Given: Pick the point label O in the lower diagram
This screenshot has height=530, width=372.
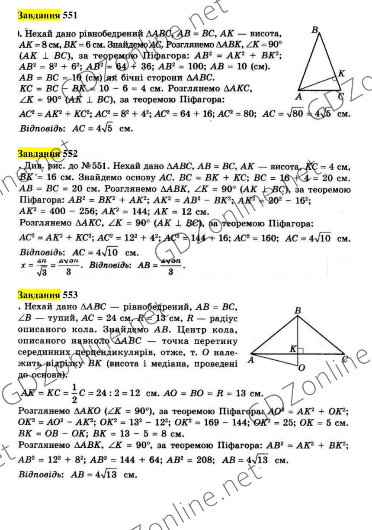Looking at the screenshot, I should [302, 368].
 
